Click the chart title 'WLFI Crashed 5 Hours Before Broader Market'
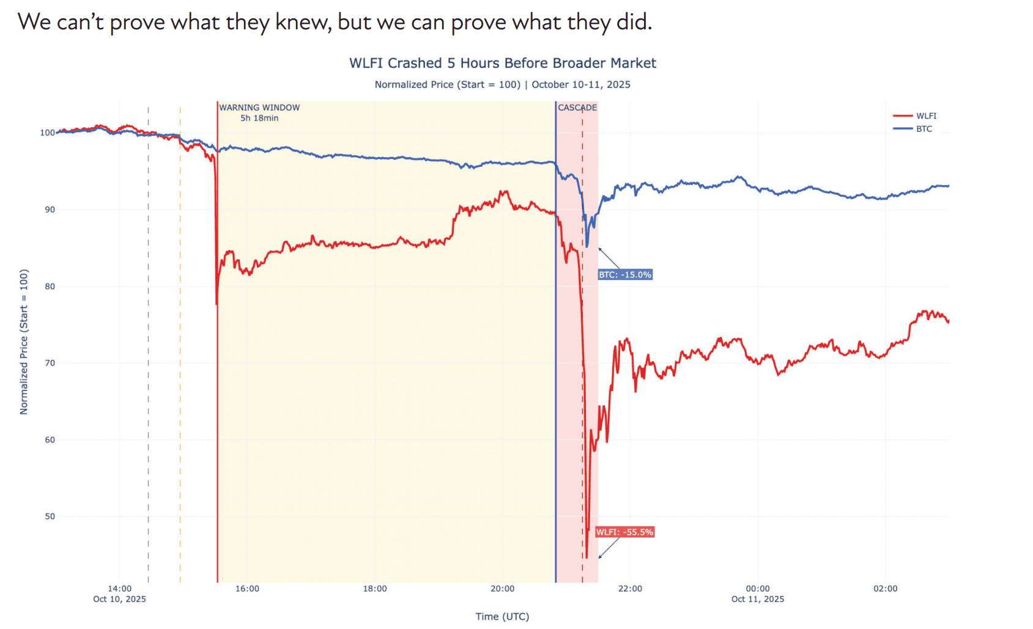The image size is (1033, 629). click(x=502, y=63)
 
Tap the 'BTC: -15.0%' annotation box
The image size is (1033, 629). click(x=624, y=275)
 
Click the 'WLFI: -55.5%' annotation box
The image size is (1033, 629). click(x=624, y=532)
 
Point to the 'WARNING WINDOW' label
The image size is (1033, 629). click(x=259, y=108)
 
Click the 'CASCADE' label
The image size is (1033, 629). click(x=577, y=108)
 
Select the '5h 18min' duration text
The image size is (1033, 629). click(x=259, y=118)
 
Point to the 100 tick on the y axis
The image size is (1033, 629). click(x=47, y=133)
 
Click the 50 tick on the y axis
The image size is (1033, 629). click(x=50, y=517)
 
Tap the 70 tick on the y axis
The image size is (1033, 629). click(x=50, y=363)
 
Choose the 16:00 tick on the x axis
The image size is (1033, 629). click(x=247, y=589)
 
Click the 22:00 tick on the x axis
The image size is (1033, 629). click(x=630, y=589)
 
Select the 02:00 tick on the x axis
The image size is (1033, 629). click(x=885, y=589)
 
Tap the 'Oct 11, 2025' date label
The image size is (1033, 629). click(x=757, y=599)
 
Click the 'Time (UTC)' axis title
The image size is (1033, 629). click(x=502, y=616)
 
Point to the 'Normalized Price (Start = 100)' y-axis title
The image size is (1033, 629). click(x=24, y=342)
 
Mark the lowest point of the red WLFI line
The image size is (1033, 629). click(x=587, y=557)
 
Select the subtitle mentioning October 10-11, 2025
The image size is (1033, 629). click(x=502, y=84)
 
